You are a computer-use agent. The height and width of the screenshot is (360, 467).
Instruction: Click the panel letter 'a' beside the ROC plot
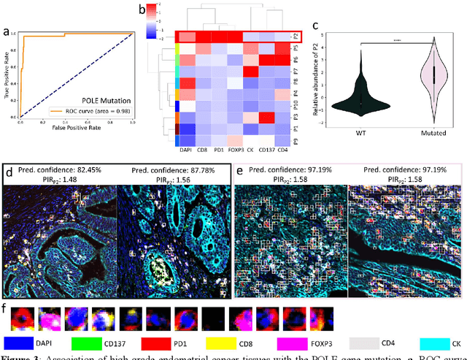click(x=7, y=33)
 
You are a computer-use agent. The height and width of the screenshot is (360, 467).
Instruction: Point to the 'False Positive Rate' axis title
click(x=76, y=129)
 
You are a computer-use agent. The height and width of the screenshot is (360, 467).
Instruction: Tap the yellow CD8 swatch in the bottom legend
click(x=224, y=341)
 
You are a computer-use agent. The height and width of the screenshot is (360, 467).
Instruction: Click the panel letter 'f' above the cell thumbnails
click(x=7, y=309)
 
